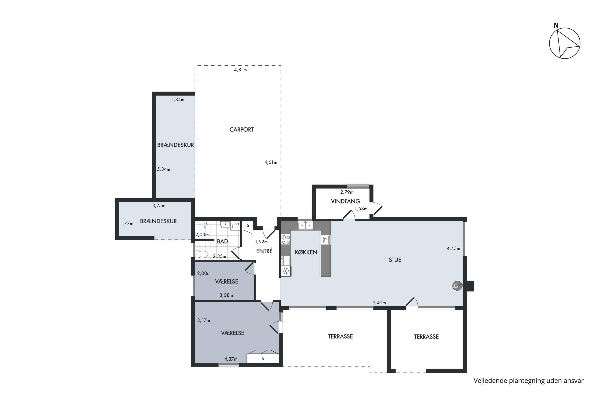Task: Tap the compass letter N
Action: pos(556,26)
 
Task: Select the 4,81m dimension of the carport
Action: pos(240,70)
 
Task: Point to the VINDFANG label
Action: pos(345,201)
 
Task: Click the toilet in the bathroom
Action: pos(201,254)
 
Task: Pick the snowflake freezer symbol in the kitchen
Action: pos(286,271)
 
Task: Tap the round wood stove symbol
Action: pos(457,286)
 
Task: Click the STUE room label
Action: pos(395,260)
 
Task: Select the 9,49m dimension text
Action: pos(379,303)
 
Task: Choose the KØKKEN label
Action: pos(306,252)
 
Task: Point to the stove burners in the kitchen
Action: pos(286,239)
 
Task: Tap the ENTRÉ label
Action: pos(264,251)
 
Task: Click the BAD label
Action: pos(222,242)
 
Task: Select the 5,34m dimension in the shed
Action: pos(164,169)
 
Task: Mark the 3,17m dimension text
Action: pos(204,321)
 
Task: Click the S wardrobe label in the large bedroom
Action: pos(263,358)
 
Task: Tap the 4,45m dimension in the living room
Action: pos(453,248)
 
